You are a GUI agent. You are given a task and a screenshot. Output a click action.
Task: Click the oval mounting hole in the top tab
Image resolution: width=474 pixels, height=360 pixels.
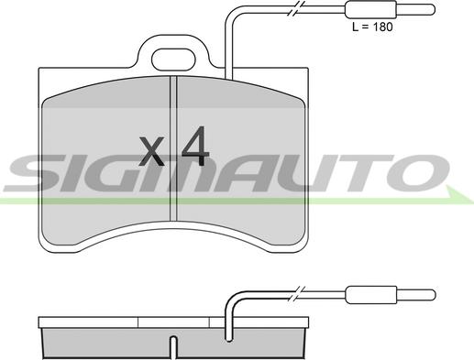173,60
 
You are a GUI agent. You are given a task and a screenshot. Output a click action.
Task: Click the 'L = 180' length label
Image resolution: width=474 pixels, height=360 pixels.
372,27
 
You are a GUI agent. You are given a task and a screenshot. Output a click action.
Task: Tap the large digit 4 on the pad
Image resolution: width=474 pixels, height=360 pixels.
195,146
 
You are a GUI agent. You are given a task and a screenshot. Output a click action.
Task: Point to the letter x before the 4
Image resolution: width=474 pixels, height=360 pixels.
151,151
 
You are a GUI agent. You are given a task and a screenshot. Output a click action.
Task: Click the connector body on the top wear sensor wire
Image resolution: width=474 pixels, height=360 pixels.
370,9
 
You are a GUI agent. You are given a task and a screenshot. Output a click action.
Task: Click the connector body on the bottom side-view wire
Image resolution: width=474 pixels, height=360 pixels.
371,295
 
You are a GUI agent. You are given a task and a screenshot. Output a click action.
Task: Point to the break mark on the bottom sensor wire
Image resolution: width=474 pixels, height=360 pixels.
297,295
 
